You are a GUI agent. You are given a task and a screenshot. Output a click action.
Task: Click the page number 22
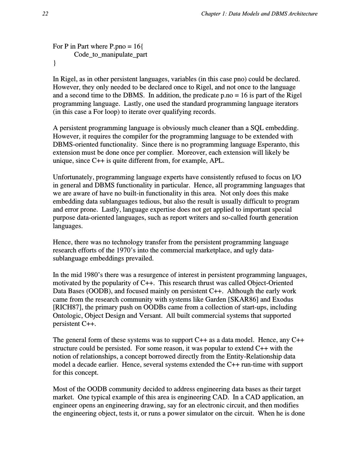pyautogui.click(x=45, y=14)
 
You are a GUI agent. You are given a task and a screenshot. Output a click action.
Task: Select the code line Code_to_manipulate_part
pyautogui.click(x=111, y=54)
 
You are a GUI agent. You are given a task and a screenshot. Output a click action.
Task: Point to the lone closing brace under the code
pyautogui.click(x=55, y=63)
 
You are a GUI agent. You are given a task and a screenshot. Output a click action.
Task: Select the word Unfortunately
pyautogui.click(x=73, y=177)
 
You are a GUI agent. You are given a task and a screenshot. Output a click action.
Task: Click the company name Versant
pyautogui.click(x=150, y=316)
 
